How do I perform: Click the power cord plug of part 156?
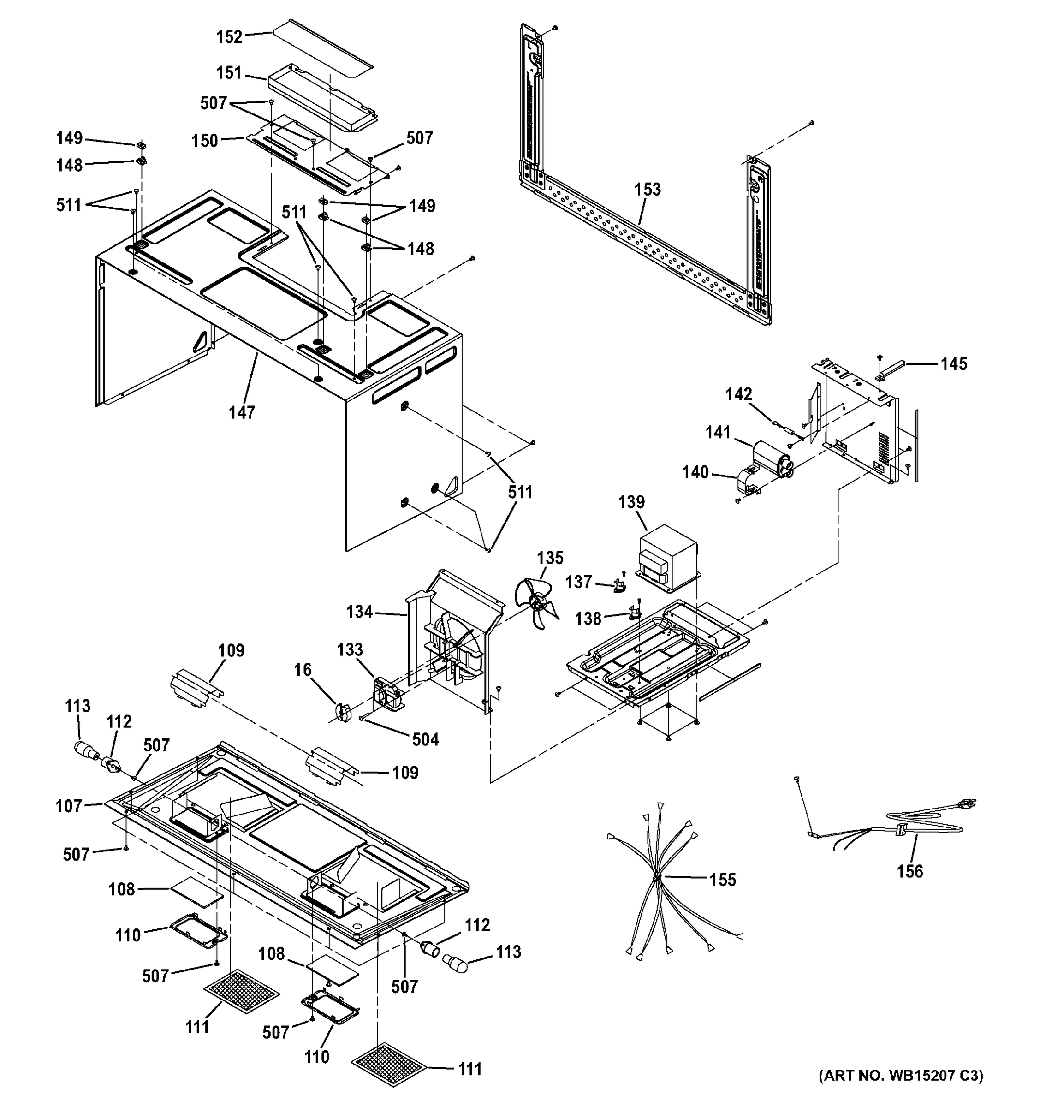[x=968, y=803]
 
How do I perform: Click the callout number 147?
[x=242, y=413]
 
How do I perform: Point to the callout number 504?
[x=425, y=739]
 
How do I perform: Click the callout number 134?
[x=359, y=612]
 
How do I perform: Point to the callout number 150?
[x=205, y=141]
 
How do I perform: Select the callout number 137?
[x=578, y=582]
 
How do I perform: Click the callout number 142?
[x=739, y=394]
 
